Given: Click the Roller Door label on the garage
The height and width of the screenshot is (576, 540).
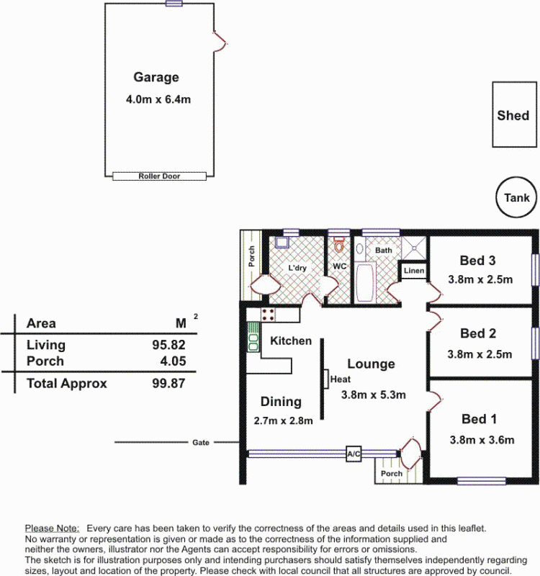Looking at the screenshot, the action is point(159,176).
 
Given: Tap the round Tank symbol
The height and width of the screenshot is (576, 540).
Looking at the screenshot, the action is point(516,197).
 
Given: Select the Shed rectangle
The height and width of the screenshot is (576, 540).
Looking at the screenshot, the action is point(514,114).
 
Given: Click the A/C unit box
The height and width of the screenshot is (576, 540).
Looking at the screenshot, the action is point(354,454).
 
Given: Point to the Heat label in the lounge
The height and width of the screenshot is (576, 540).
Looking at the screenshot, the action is point(340,379).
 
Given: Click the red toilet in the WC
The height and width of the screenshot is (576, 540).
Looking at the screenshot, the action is point(339,245).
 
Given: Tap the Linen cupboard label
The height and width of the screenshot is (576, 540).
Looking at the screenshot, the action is point(414,271).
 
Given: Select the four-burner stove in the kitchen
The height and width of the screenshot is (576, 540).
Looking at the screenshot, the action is point(268,315).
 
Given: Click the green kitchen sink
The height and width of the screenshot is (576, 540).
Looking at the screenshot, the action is point(253,337).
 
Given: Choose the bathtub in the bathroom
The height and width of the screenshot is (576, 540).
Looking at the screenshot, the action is point(365,282).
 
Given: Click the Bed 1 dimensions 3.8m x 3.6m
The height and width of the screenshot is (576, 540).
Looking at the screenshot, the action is point(482,440).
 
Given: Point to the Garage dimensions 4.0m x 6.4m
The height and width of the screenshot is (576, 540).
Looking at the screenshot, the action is point(158,99).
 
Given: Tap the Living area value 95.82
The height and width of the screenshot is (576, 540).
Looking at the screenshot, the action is point(168,345).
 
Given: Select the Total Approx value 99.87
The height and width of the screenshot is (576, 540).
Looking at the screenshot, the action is point(168,383).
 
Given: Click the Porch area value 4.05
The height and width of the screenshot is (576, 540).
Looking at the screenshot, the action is point(173,361).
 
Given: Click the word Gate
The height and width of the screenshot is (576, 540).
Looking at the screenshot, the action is point(201,443).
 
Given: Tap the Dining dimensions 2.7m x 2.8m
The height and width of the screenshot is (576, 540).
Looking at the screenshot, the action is point(283,420).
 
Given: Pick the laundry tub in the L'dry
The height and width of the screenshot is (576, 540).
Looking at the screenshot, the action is point(282,243).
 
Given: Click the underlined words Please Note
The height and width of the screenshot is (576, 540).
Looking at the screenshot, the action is point(52,528).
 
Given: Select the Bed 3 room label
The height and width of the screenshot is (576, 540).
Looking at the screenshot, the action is point(477,261).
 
